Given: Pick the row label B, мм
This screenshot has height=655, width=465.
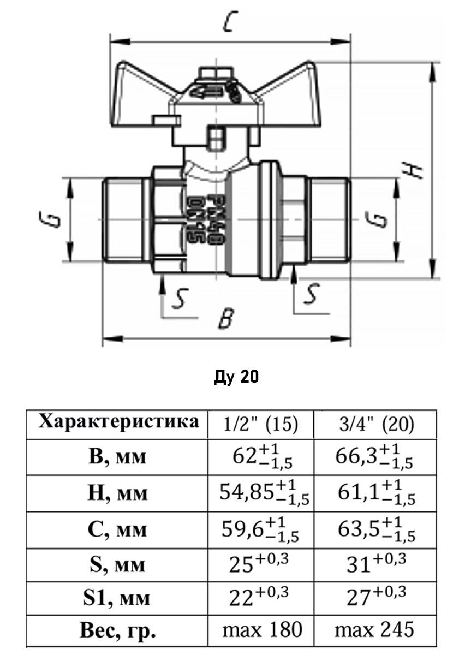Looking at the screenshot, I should pyautogui.click(x=117, y=456).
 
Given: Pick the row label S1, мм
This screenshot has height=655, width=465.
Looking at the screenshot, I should pyautogui.click(x=117, y=599).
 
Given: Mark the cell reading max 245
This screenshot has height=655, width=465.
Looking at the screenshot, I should pyautogui.click(x=375, y=630).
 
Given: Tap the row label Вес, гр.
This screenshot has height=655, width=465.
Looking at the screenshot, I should pyautogui.click(x=117, y=632).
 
